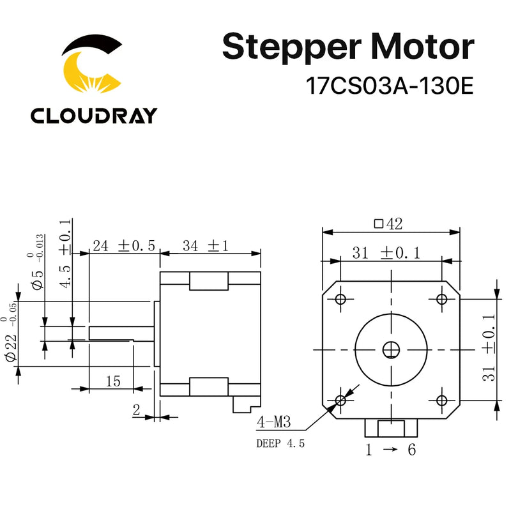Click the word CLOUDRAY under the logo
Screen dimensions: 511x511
click(x=93, y=115)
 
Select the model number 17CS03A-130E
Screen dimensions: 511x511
click(x=390, y=86)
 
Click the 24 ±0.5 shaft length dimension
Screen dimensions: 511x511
click(x=124, y=246)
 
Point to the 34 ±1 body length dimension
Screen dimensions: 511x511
click(x=206, y=246)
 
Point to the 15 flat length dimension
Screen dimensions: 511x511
click(x=113, y=381)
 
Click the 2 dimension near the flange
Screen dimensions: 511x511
click(x=136, y=410)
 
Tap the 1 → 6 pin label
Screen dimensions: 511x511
click(x=390, y=450)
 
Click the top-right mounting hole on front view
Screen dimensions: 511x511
click(x=442, y=299)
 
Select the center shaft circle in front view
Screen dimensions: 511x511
click(x=391, y=349)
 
